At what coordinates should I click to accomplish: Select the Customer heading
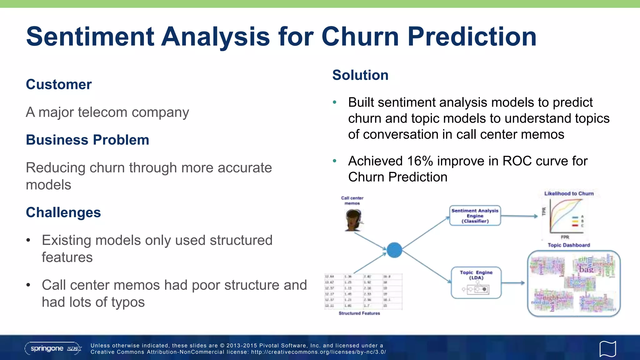59,84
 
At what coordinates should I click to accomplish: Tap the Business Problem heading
87,140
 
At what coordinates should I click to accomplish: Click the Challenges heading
63,212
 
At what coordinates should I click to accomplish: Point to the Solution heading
360,75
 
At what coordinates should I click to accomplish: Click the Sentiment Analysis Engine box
475,216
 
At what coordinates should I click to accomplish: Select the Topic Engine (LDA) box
476,282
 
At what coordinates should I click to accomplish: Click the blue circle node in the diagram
394,250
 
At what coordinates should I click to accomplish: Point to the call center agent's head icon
353,220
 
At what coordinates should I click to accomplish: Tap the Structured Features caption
359,313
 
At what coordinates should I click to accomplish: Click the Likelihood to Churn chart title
569,193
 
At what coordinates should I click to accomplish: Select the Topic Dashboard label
569,245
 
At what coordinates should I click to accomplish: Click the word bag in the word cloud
586,269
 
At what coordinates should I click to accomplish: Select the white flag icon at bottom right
607,349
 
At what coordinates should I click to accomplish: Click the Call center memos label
352,201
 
